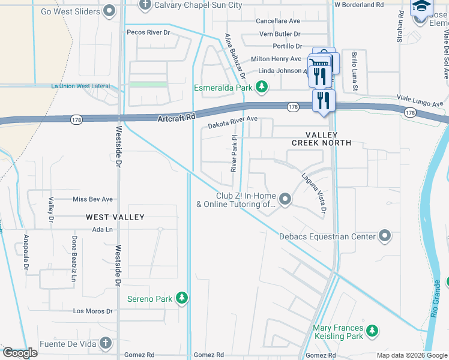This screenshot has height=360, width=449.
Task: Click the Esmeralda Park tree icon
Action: [x=261, y=88]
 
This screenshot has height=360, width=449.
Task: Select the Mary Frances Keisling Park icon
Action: [x=373, y=331]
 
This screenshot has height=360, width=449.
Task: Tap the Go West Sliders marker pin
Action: [x=109, y=10]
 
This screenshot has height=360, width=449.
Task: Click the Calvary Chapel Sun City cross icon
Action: [x=145, y=5]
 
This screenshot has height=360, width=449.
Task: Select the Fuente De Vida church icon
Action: [x=106, y=343]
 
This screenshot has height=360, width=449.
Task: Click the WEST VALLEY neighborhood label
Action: [x=115, y=217]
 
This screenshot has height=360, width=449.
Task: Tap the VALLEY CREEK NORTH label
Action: [x=321, y=139]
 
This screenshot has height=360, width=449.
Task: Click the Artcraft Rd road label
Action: [x=177, y=118]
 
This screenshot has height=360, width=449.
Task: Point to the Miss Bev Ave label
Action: [x=92, y=199]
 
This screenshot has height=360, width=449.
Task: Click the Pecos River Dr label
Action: [x=148, y=32]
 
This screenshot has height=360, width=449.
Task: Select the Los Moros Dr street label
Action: [x=93, y=311]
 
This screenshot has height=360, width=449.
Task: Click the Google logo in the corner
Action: [x=20, y=353]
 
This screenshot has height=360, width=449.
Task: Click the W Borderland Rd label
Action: [x=358, y=5]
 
